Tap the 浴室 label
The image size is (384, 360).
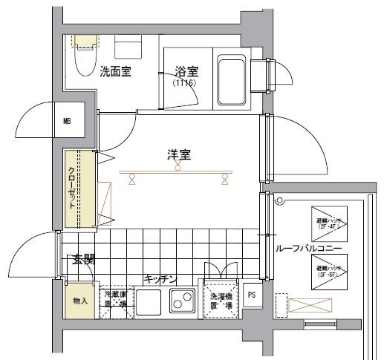point(186,71)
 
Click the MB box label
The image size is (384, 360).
point(68,122)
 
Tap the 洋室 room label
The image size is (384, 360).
point(179,155)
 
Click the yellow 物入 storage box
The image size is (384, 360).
point(80,302)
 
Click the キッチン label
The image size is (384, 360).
point(160,279)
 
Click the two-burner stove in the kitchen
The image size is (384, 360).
point(180,302)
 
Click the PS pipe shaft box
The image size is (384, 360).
point(251,294)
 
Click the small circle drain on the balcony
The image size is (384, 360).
point(280,200)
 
